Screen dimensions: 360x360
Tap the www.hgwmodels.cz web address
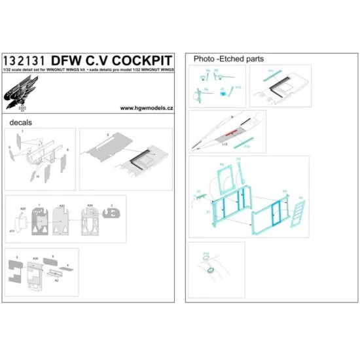(x=147, y=109)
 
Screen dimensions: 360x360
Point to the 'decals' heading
(x=21, y=122)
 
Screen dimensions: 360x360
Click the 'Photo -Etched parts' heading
(x=228, y=59)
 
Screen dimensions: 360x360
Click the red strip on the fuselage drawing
(x=226, y=134)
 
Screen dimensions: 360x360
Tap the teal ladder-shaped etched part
(x=300, y=209)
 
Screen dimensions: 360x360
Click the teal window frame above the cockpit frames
(x=225, y=177)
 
